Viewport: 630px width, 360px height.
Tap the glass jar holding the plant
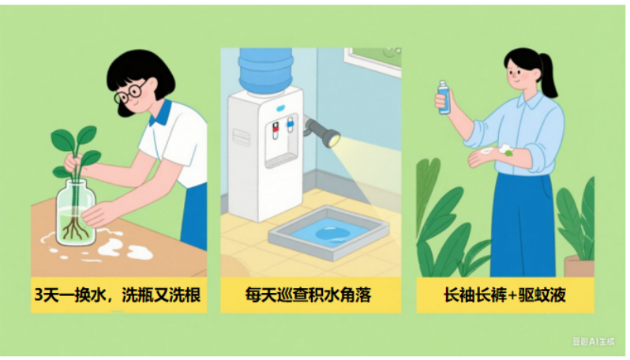(x=76, y=212)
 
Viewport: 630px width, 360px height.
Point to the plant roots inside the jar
(x=74, y=229)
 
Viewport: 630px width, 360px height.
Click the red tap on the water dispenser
(x=276, y=129)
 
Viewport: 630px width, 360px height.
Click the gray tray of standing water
(x=329, y=233)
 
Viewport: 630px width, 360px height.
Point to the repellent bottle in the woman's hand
(x=444, y=97)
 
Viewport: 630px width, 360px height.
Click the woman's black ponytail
(x=548, y=76)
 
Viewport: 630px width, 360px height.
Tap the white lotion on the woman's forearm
(x=487, y=151)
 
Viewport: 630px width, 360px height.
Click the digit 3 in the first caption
(x=39, y=295)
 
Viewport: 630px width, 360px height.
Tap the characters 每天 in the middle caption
(x=261, y=295)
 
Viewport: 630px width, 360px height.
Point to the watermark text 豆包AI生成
(x=594, y=342)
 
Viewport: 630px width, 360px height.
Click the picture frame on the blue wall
(x=373, y=60)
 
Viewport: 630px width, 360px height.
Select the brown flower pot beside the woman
(x=579, y=265)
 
